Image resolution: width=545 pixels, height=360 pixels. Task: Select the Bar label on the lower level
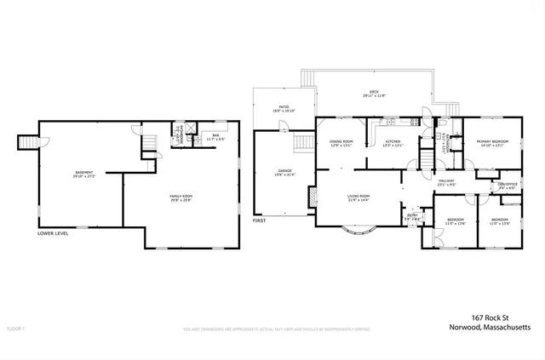[x=215, y=136]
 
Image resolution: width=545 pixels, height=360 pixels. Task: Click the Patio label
[x=281, y=110]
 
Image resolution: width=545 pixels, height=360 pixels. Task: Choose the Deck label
[x=373, y=94]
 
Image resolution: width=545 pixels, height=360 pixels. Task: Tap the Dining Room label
[x=341, y=143]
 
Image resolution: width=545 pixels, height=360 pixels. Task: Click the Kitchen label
[x=393, y=143]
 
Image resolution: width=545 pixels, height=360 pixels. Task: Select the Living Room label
[x=358, y=198]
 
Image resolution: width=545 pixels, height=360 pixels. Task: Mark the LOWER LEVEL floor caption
[x=53, y=233]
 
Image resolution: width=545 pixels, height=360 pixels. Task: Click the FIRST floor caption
[x=259, y=221]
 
